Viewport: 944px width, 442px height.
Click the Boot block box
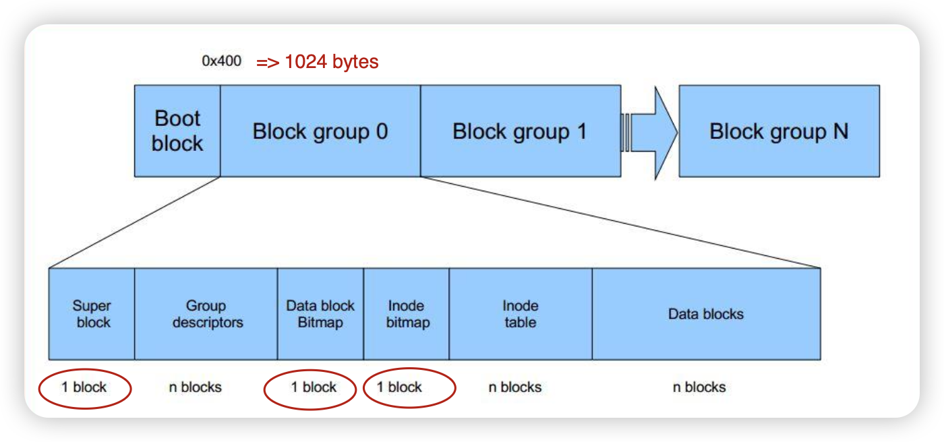click(x=177, y=131)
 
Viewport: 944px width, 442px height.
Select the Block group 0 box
click(x=320, y=131)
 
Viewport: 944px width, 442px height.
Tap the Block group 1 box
click(x=520, y=131)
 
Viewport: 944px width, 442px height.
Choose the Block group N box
click(x=779, y=131)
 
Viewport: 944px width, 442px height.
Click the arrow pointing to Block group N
click(x=650, y=131)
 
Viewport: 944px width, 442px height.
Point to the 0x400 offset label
click(x=221, y=61)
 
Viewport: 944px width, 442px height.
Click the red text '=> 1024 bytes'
click(x=317, y=62)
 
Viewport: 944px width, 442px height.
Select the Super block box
click(x=92, y=314)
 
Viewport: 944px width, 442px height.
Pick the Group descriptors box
click(x=206, y=314)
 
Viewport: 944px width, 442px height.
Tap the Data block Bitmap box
click(x=320, y=314)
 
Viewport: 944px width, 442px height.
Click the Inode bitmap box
click(x=407, y=314)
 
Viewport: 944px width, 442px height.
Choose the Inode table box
click(x=521, y=314)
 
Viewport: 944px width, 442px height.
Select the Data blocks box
click(x=706, y=314)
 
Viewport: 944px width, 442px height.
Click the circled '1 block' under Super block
click(x=84, y=387)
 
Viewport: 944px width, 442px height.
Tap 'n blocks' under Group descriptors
click(x=195, y=387)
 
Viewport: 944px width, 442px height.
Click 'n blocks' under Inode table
click(x=515, y=387)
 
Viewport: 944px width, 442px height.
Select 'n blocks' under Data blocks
click(x=699, y=387)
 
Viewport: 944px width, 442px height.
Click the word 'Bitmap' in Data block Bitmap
click(x=320, y=323)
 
